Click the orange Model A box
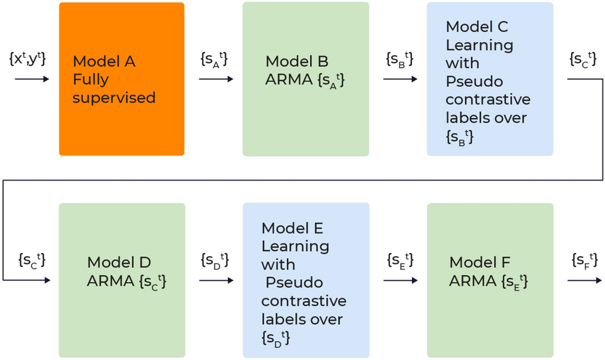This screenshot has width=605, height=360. point(121,79)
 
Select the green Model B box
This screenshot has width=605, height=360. point(306,79)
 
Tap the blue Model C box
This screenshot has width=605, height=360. point(490,79)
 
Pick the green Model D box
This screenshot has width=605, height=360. point(121,280)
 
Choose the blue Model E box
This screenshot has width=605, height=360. point(306,280)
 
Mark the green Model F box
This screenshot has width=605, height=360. point(490,280)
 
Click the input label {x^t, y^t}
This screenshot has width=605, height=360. point(28,59)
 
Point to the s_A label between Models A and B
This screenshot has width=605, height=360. point(214,59)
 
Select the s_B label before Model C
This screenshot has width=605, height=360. point(399,59)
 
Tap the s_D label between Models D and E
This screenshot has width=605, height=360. point(214,260)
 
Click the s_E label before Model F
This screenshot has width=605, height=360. point(399,260)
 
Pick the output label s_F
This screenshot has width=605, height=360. point(583,260)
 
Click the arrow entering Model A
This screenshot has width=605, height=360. point(31,79)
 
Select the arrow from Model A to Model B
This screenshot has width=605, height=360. point(216,79)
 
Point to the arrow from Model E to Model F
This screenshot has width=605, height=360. point(400,280)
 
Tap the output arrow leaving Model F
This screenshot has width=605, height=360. point(584,280)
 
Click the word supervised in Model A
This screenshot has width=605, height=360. point(114,98)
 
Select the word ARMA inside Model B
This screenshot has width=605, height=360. point(285,80)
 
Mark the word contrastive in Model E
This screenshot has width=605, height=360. point(304,300)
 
